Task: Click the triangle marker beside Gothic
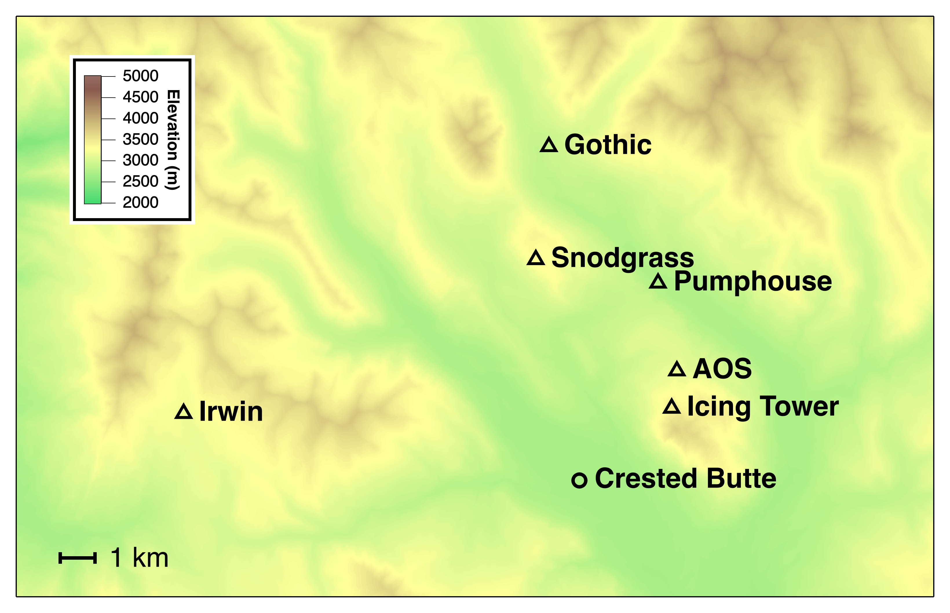[549, 145]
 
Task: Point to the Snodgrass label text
[622, 258]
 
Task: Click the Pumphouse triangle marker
[658, 282]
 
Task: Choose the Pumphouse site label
[752, 281]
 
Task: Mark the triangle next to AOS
[677, 370]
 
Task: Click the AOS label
[722, 368]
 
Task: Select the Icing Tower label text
[763, 406]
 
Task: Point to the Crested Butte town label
[685, 479]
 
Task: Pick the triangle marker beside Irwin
[184, 412]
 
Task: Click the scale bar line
[78, 558]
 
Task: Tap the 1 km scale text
[139, 558]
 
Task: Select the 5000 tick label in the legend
[140, 76]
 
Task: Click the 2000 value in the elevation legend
[140, 202]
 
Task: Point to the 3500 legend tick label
[140, 139]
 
